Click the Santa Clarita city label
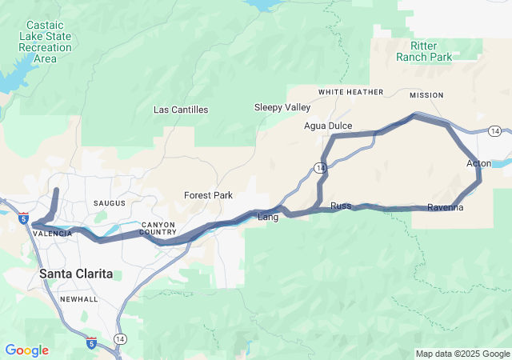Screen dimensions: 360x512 coord(76,274)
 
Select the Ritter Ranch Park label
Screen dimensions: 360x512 coord(424,51)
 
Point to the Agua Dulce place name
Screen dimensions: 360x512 coord(328,126)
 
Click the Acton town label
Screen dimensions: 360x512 coord(478,164)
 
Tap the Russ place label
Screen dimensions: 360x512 coord(341,206)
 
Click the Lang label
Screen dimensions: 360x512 coord(267,217)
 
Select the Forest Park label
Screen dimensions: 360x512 coord(208,195)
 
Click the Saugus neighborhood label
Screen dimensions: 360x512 coord(110,204)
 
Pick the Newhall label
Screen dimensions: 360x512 coord(78,299)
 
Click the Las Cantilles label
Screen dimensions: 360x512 coord(181,110)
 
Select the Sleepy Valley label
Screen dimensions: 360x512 coord(282,107)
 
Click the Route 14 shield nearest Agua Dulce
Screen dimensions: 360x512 coord(319,167)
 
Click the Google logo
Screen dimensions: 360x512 coord(26,350)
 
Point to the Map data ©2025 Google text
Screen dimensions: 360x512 coord(462,354)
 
